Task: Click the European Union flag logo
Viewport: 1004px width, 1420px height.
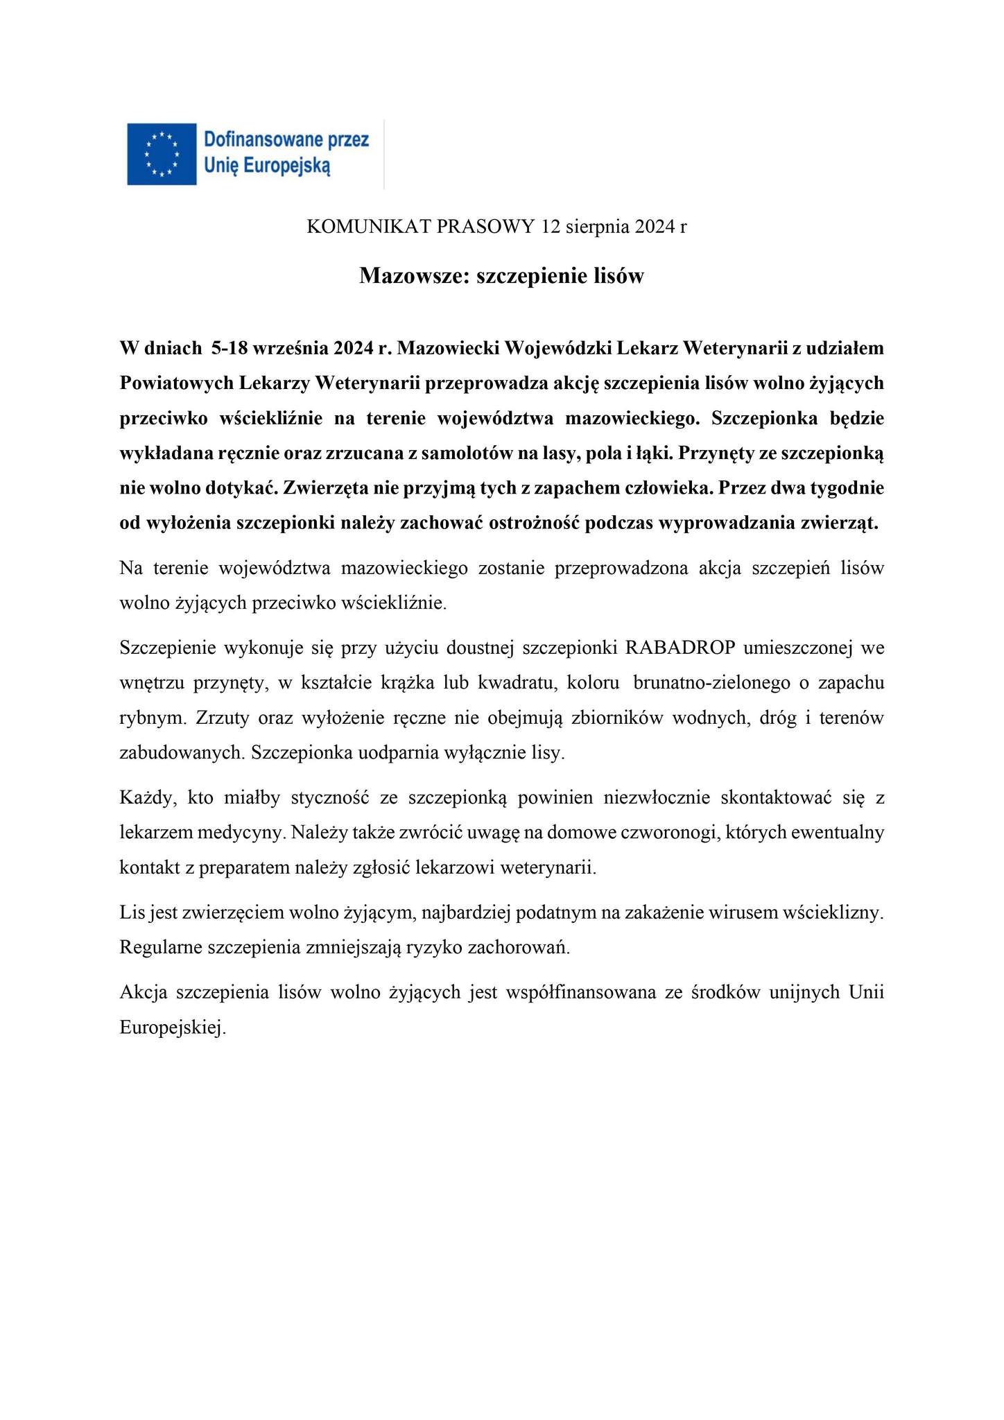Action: coord(161,153)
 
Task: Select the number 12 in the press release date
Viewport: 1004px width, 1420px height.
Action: coord(551,227)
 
